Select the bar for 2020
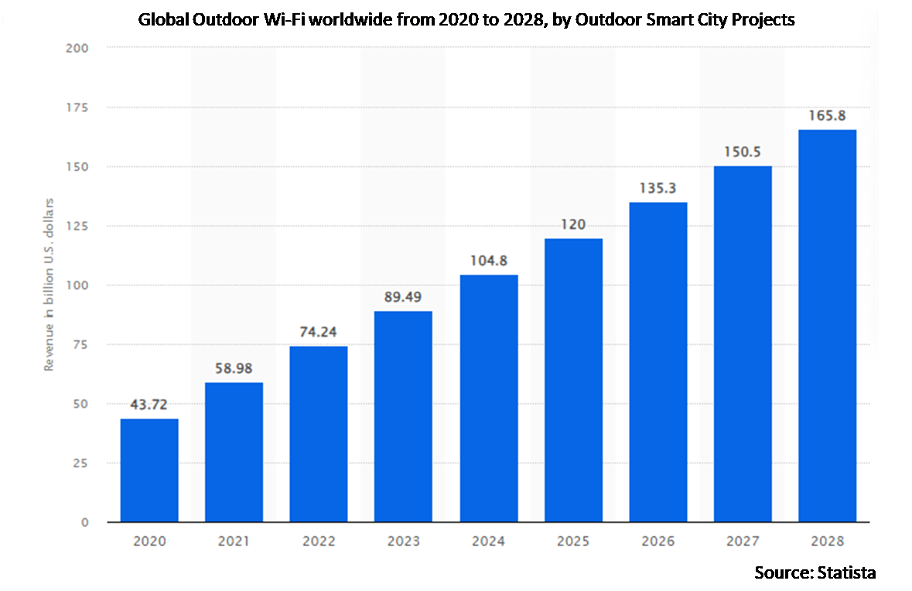pos(149,470)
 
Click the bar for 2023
pos(403,416)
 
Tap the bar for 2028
pos(827,326)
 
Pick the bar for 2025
pos(573,380)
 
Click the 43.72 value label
pos(149,404)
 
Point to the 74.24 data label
pos(319,332)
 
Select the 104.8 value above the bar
pos(488,261)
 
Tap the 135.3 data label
pos(658,188)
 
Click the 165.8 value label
pos(827,115)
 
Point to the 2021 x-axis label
pos(234,541)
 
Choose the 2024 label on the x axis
pos(488,541)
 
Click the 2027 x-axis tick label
pos(743,541)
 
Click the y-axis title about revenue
pos(49,285)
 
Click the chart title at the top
pos(466,20)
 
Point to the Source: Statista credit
pos(815,572)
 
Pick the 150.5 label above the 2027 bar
pos(743,152)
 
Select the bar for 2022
pos(319,434)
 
